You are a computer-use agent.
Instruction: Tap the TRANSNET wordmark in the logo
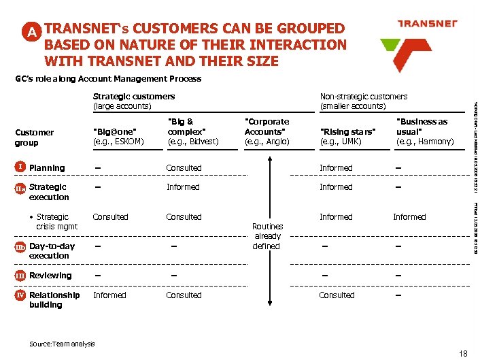427,23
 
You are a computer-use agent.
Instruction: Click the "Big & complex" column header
192,131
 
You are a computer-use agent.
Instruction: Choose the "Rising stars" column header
347,136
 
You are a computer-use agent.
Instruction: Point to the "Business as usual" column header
424,131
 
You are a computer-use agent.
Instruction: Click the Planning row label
47,168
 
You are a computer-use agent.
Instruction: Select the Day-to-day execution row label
52,251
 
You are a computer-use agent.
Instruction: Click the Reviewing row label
50,276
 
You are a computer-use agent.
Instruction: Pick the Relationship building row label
54,300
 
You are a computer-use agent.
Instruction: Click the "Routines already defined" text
267,236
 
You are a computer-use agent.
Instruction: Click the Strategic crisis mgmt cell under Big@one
110,217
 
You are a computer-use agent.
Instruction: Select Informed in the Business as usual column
409,217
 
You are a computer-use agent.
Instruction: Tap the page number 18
464,353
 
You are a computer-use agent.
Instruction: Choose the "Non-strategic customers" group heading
363,101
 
